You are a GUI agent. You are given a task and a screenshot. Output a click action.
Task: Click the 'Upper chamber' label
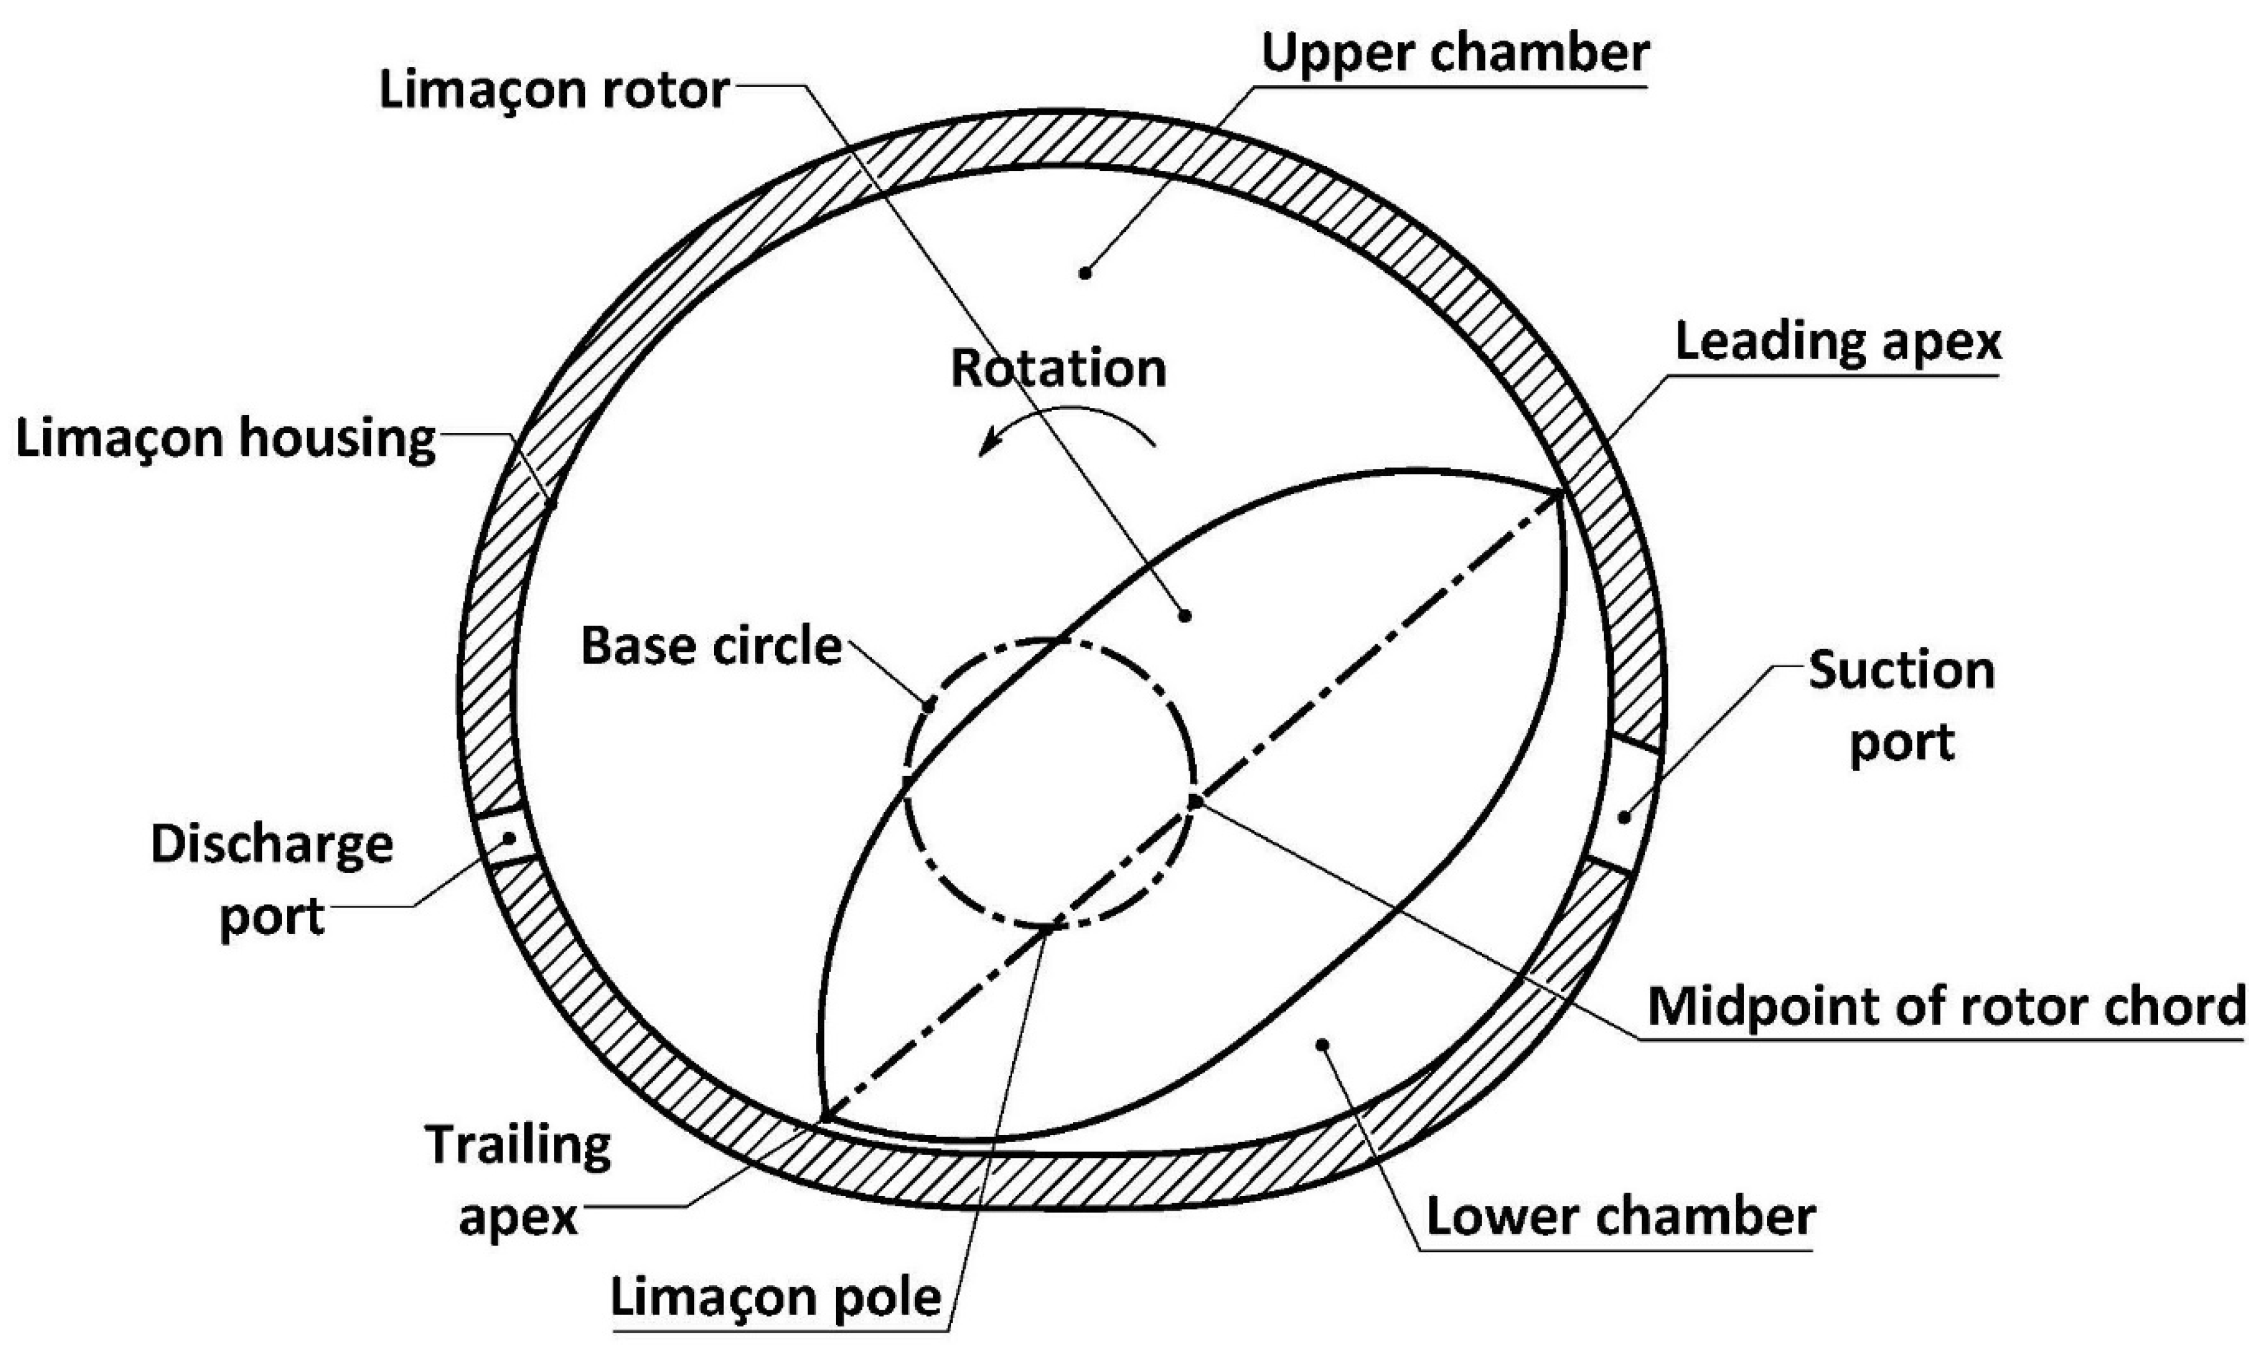point(1456,54)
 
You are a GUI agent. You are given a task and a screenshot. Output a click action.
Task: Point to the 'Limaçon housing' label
point(225,439)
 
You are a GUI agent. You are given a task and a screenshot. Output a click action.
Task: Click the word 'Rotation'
point(1058,369)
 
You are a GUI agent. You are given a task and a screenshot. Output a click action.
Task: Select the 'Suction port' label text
point(1902,708)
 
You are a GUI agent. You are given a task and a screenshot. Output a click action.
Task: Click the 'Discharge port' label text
point(272,880)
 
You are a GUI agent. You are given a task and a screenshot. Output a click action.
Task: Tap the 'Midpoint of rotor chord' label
point(1945,1006)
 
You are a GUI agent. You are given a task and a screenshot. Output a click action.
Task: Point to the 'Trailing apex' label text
point(518,1182)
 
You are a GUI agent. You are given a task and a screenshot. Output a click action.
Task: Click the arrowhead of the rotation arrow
point(984,449)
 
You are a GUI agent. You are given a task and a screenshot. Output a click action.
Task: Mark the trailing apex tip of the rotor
point(823,1118)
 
